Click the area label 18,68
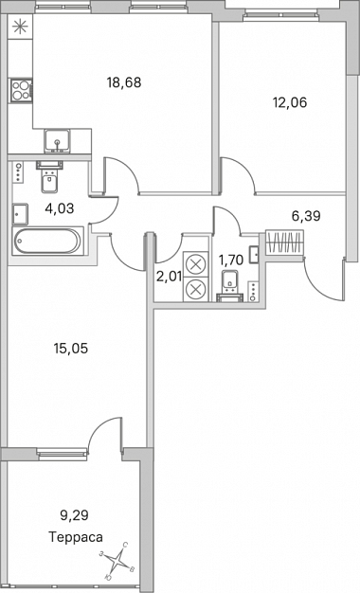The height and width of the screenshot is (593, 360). pyautogui.click(x=124, y=82)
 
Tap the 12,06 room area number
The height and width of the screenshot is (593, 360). pyautogui.click(x=290, y=102)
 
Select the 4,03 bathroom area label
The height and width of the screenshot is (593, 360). pyautogui.click(x=60, y=207)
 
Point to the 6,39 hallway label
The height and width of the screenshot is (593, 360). pyautogui.click(x=306, y=216)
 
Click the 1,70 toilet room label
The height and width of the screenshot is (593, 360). pyautogui.click(x=231, y=261)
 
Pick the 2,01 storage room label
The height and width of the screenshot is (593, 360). pyautogui.click(x=169, y=276)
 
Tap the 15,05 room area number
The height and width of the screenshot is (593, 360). pyautogui.click(x=71, y=349)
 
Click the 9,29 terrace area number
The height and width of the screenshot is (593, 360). pyautogui.click(x=74, y=514)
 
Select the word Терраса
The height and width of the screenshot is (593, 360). pyautogui.click(x=76, y=537)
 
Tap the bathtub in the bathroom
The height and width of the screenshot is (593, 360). pyautogui.click(x=46, y=241)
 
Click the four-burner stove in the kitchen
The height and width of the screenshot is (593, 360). pyautogui.click(x=21, y=90)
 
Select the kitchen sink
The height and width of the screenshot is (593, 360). pyautogui.click(x=57, y=140)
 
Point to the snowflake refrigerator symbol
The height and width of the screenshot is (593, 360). pyautogui.click(x=19, y=27)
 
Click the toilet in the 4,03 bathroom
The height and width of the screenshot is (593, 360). pyautogui.click(x=49, y=176)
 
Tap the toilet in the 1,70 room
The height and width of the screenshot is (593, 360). pyautogui.click(x=230, y=285)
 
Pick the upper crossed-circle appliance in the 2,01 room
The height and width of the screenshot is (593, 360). pyautogui.click(x=196, y=263)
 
